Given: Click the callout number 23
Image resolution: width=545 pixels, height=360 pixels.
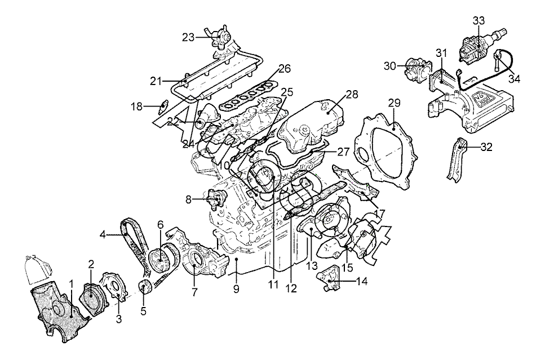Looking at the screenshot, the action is click(x=188, y=37).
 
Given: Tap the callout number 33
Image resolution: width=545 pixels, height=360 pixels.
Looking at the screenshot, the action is click(x=478, y=20).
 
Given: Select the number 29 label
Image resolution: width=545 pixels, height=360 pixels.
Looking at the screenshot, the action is click(x=395, y=103).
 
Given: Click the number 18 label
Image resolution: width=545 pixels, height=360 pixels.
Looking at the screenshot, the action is click(x=136, y=106).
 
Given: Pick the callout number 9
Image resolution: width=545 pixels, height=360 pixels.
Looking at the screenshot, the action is click(x=236, y=289).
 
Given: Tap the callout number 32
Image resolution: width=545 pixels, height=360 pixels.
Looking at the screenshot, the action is click(x=486, y=148).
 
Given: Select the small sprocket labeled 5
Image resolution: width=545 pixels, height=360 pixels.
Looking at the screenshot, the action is click(x=145, y=288).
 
